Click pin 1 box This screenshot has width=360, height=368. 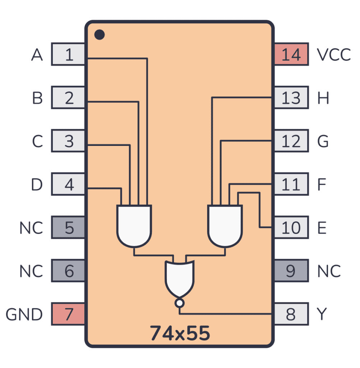tap(69, 54)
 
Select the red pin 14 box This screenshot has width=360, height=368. tap(291, 54)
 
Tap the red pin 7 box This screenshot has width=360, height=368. tap(69, 314)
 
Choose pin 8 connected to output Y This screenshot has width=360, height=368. tap(291, 314)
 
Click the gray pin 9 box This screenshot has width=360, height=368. tap(291, 271)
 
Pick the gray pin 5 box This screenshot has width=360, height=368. tap(69, 227)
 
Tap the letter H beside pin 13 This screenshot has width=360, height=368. tap(323, 98)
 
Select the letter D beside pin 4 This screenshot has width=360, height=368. tap(37, 185)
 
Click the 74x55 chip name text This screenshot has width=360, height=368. tap(179, 333)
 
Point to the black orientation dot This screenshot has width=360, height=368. tap(99, 35)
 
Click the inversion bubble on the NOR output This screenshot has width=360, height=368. tap(179, 303)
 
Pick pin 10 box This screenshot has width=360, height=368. tap(291, 227)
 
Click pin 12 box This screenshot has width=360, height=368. tap(291, 141)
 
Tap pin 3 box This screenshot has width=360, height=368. tap(69, 141)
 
